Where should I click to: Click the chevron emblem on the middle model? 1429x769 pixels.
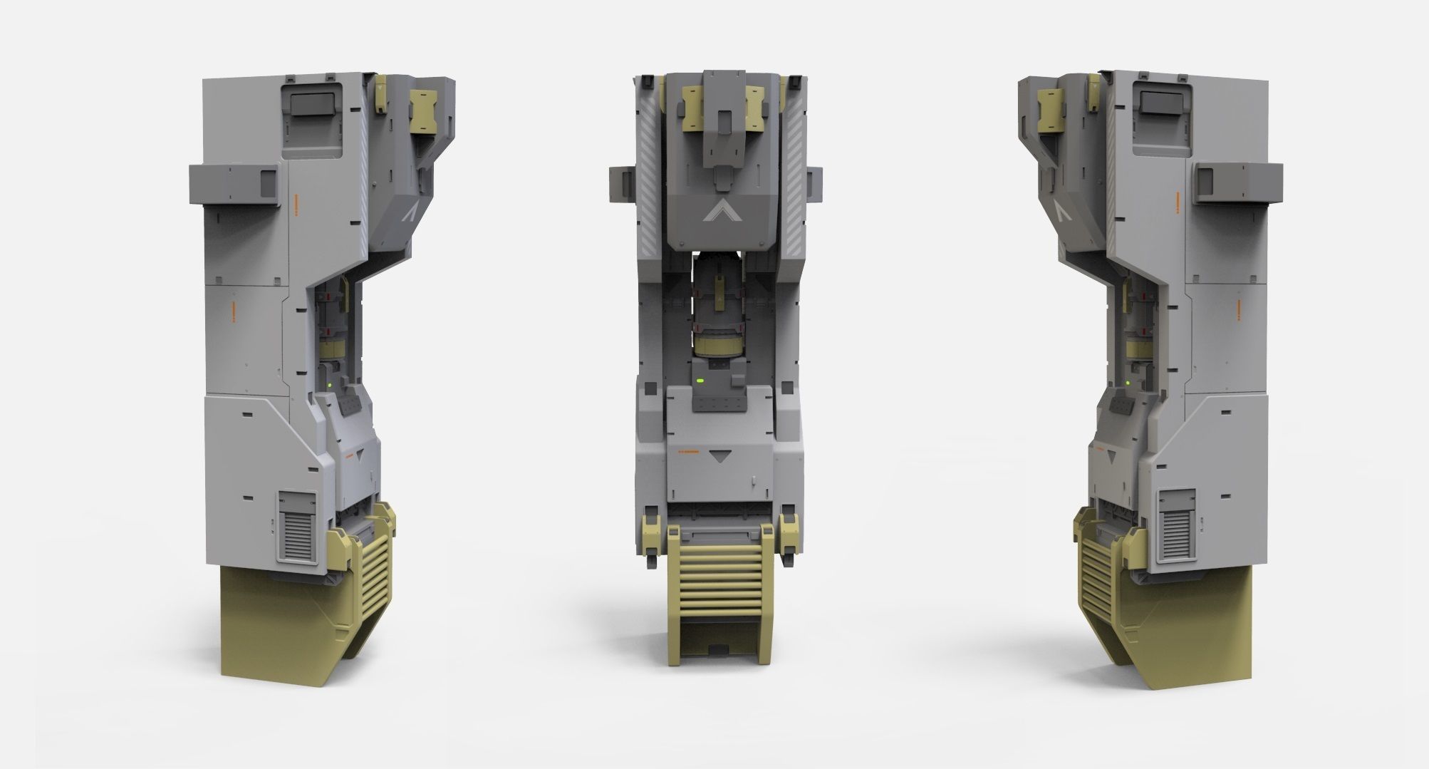click(x=719, y=211)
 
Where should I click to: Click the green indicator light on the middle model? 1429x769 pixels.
click(x=701, y=382)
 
